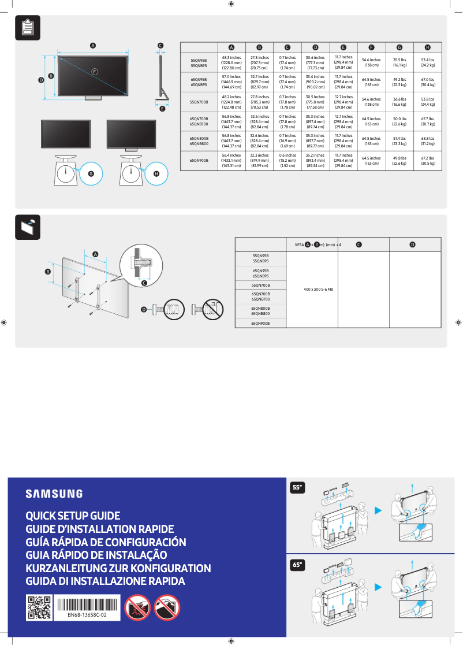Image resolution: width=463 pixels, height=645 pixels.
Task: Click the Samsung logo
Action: (54, 494)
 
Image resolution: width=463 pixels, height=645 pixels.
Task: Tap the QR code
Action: (39, 607)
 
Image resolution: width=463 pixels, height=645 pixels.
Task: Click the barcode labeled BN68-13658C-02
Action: (87, 604)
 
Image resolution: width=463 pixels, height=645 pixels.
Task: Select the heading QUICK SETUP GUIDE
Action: (73, 516)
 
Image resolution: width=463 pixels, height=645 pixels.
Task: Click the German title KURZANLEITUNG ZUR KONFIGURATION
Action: (118, 568)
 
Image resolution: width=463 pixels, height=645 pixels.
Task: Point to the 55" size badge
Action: (297, 488)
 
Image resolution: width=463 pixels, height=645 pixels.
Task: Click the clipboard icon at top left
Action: (27, 28)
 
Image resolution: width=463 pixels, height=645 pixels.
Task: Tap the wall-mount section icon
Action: (27, 227)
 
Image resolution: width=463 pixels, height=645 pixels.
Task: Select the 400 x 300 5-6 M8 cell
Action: (318, 288)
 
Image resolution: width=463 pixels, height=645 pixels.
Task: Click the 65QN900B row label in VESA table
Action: (260, 324)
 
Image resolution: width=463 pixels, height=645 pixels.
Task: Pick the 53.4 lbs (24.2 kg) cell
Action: (427, 62)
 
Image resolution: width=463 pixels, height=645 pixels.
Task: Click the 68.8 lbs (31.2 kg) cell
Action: (427, 142)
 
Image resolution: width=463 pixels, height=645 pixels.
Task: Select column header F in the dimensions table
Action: (371, 47)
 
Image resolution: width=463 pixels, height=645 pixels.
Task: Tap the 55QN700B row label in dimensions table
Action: (199, 102)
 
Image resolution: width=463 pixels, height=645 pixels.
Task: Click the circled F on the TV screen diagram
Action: (94, 71)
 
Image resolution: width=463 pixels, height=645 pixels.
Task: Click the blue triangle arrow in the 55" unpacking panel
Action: (378, 510)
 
